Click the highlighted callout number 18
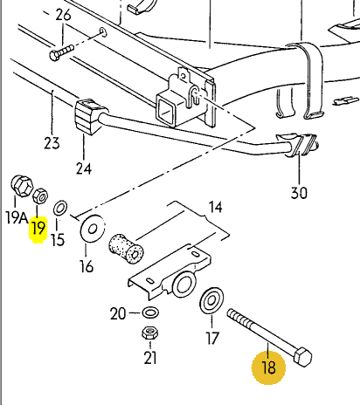(x=269, y=367)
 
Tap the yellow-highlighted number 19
(x=38, y=228)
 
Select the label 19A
(x=17, y=217)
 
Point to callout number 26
(x=63, y=15)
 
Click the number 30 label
(x=299, y=193)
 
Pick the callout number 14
(x=216, y=207)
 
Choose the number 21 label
(x=150, y=358)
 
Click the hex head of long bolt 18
(x=302, y=357)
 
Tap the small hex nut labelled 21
(x=150, y=333)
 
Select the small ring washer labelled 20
(x=151, y=312)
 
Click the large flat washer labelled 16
(x=93, y=228)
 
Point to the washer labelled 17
(x=211, y=300)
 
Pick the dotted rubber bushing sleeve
(x=126, y=248)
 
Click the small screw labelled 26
(x=62, y=51)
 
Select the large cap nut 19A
(x=22, y=185)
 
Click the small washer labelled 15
(x=60, y=209)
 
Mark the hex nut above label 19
(x=40, y=196)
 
